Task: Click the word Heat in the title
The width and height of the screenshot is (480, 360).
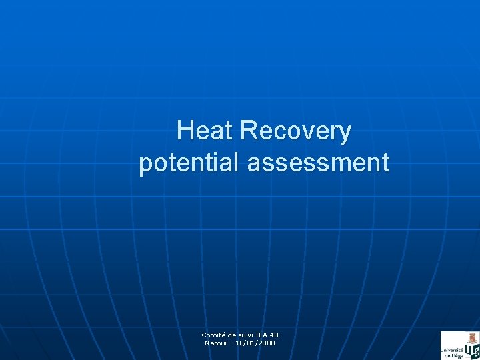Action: point(205,131)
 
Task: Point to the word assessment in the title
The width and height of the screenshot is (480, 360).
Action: point(318,163)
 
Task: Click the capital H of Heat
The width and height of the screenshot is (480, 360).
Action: point(185,131)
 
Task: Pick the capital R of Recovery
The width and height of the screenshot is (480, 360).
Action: point(248,131)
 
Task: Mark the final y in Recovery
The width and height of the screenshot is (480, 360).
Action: point(344,133)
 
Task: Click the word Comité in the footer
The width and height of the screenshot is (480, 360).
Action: point(214,335)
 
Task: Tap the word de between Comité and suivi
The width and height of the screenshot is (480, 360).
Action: point(233,335)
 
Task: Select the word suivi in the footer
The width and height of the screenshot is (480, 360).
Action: point(249,335)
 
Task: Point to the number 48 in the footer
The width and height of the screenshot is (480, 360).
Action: point(282,335)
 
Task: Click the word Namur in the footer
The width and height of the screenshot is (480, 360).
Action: point(216,343)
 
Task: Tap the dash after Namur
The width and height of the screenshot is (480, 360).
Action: point(231,343)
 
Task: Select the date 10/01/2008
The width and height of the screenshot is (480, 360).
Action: point(255,343)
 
